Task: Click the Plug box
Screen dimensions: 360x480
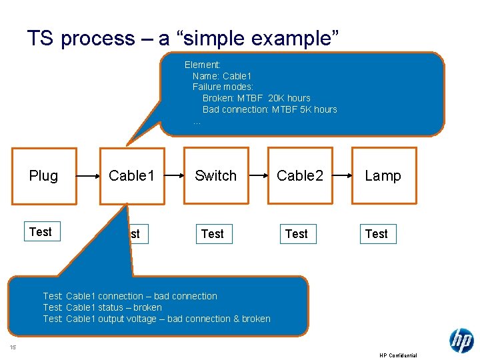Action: pos(43,176)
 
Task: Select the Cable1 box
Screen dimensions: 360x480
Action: pos(132,176)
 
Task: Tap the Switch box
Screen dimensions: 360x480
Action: pos(215,176)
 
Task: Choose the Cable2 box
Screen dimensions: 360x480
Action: pos(300,176)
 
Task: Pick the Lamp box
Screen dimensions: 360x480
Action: pos(383,176)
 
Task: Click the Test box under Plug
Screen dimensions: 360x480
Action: pos(41,232)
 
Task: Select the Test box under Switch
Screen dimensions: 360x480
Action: pos(213,234)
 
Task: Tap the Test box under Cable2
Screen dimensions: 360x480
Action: pos(297,234)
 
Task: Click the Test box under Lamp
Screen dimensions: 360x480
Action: pos(377,234)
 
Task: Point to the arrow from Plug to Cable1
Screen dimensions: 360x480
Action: pos(87,177)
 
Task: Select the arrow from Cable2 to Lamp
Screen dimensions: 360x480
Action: pos(342,177)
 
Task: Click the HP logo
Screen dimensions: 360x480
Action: pos(461,340)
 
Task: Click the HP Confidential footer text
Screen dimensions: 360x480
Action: pos(398,355)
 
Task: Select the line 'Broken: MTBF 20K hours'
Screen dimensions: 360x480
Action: pos(256,98)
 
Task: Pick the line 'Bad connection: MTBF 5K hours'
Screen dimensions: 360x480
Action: pos(269,109)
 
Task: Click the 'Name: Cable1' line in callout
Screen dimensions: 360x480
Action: pos(221,76)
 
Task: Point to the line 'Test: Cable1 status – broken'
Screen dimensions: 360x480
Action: pos(102,307)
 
